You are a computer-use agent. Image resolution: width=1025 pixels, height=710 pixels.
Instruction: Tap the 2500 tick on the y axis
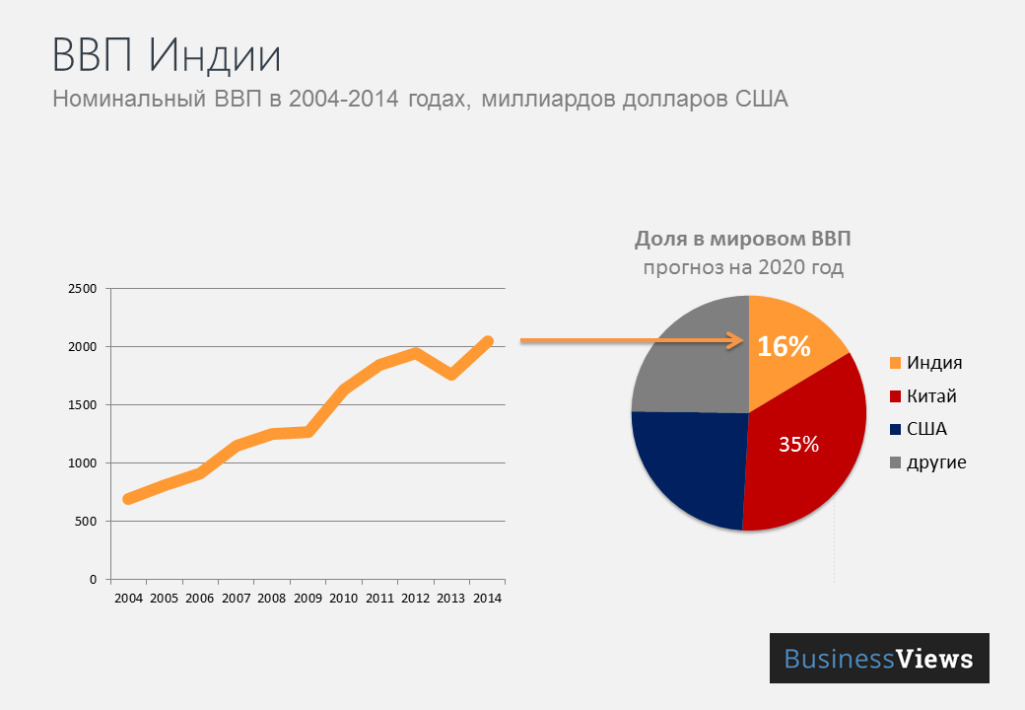[83, 289]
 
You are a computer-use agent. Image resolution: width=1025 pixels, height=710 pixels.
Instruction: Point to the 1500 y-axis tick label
[83, 405]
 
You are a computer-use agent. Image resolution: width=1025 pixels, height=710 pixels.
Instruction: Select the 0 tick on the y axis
[92, 579]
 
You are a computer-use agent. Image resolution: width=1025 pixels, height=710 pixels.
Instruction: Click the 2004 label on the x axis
[129, 599]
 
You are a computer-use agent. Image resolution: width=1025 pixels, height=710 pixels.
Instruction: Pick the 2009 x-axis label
[308, 599]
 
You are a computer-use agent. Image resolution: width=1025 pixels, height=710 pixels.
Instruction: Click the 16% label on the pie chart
[784, 347]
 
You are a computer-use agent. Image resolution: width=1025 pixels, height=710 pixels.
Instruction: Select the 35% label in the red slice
[798, 445]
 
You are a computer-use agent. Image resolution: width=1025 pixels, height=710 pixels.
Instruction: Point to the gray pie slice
[690, 360]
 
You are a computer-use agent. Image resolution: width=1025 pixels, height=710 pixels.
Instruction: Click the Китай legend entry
[931, 396]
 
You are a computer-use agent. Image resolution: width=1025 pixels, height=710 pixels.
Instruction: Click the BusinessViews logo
[878, 659]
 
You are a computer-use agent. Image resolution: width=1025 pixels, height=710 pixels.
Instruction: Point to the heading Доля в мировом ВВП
[742, 239]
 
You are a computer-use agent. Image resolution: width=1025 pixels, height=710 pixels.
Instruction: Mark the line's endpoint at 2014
[487, 340]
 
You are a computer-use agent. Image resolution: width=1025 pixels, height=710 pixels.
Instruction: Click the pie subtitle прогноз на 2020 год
[743, 268]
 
